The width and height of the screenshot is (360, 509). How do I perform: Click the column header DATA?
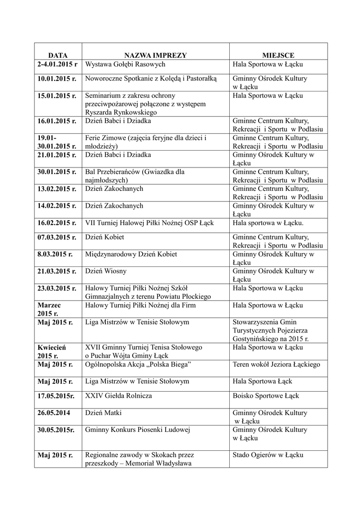point(58,55)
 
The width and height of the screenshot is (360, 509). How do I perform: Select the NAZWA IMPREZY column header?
point(156,55)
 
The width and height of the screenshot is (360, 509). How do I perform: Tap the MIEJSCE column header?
point(278,55)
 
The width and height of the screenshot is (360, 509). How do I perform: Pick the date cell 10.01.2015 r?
point(56,79)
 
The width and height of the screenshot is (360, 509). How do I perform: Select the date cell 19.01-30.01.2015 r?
point(56,142)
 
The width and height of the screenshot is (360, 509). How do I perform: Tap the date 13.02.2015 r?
point(56,189)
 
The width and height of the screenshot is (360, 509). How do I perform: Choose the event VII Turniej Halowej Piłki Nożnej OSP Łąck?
point(149,223)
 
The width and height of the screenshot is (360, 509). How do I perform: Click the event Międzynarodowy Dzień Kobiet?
point(131,254)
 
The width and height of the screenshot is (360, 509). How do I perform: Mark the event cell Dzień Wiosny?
point(105,271)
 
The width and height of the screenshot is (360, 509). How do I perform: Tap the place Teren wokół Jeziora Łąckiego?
point(276,364)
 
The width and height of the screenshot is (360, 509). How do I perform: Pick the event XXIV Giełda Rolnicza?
point(118,396)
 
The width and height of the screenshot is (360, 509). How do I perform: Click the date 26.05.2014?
point(53,413)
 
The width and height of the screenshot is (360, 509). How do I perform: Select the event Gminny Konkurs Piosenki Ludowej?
point(138,429)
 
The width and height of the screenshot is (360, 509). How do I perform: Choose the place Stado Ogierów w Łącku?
point(268,455)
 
